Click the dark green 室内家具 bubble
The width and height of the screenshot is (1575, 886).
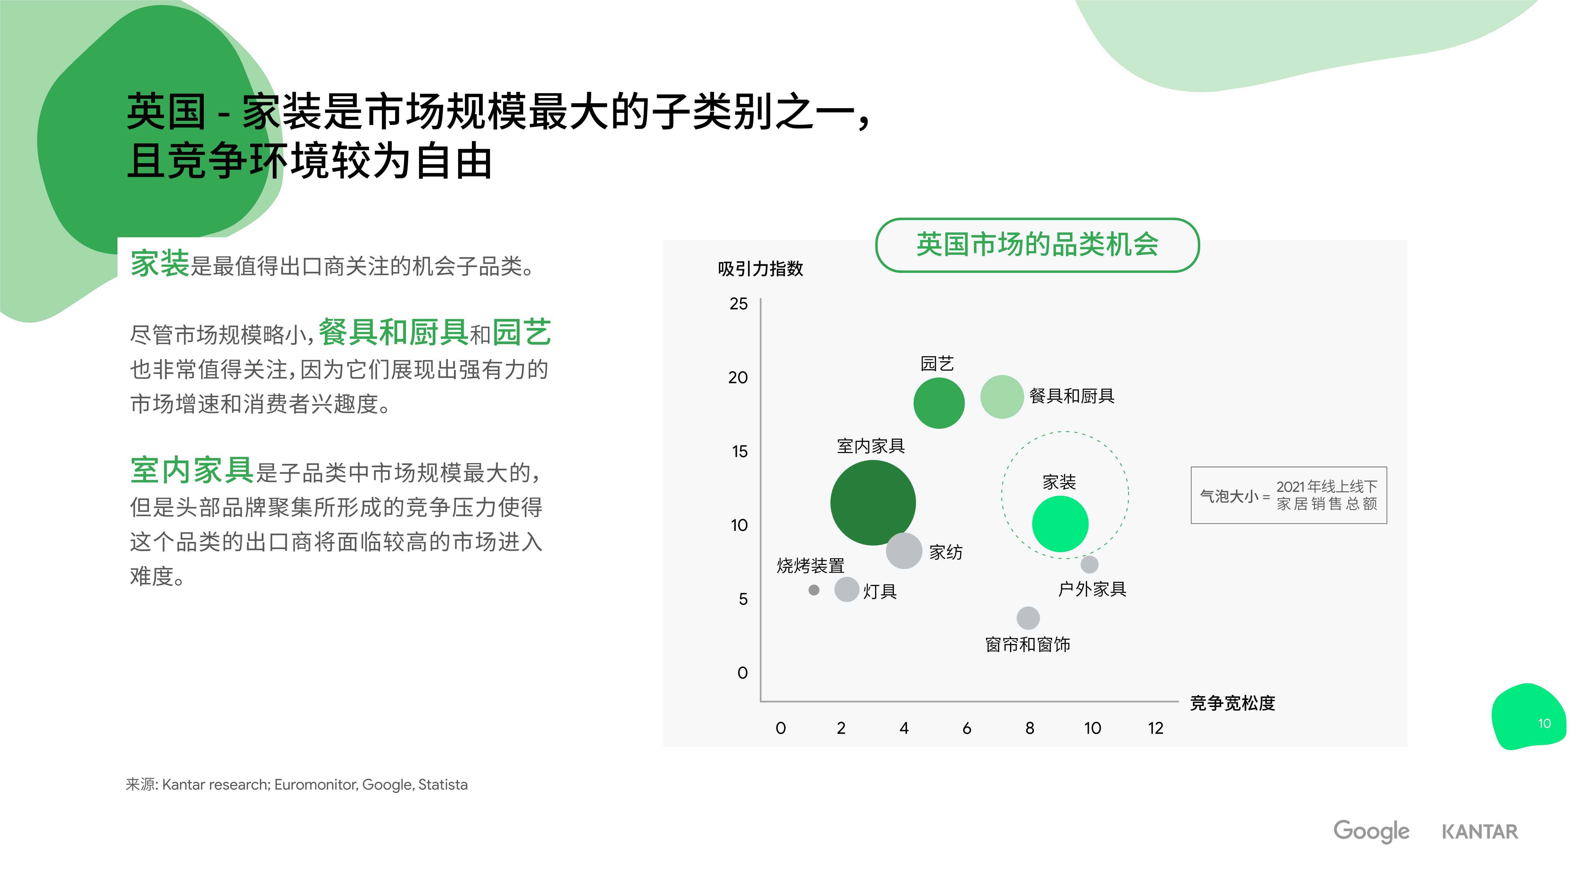tap(873, 503)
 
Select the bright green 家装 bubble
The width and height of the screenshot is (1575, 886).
tap(1060, 524)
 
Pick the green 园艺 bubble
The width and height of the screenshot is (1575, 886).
tap(939, 403)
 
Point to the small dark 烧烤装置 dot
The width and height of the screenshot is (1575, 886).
tap(814, 590)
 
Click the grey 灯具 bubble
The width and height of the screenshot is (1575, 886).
tap(847, 589)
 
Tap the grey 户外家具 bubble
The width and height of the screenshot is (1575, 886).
tap(1089, 564)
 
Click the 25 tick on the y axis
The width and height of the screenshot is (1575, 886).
tap(739, 304)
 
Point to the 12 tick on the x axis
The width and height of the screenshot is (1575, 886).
tap(1156, 728)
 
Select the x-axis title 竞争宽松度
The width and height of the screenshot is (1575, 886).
tap(1233, 703)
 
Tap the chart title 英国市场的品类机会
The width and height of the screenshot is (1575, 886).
tap(1037, 245)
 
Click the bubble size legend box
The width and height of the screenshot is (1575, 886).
tap(1289, 495)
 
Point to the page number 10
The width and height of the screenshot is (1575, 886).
tap(1544, 723)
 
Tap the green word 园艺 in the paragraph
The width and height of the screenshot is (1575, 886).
tap(522, 333)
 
